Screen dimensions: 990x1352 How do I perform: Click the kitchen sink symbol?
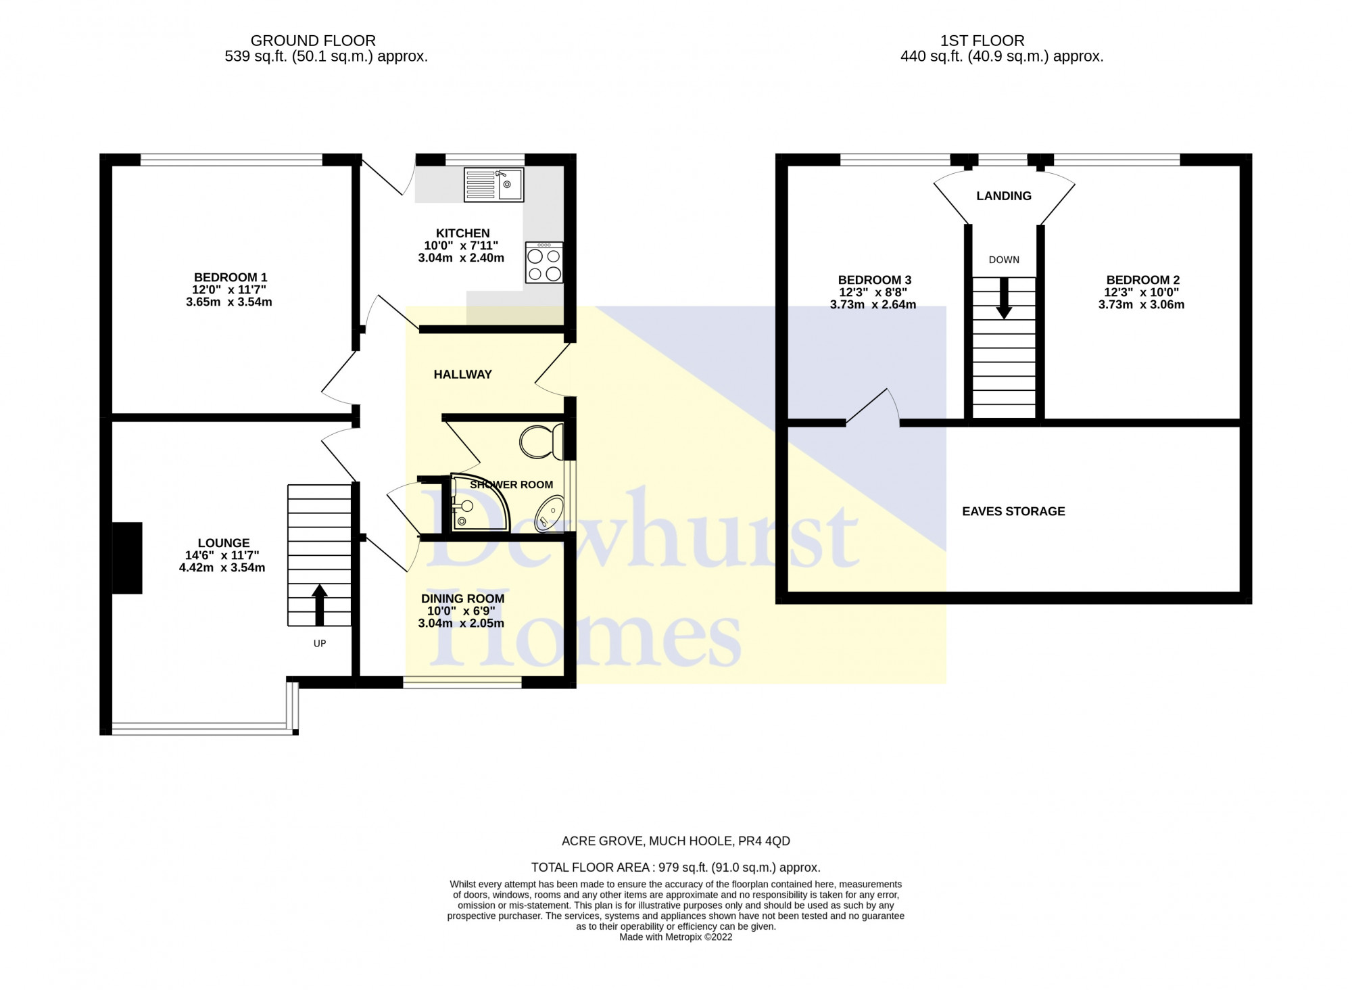pyautogui.click(x=493, y=185)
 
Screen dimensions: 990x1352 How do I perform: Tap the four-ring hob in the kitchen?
pyautogui.click(x=544, y=263)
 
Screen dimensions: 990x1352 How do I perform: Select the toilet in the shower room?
pyautogui.click(x=541, y=441)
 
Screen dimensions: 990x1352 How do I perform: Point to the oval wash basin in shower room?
pyautogui.click(x=550, y=513)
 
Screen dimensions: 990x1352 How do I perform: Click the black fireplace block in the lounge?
pyautogui.click(x=127, y=558)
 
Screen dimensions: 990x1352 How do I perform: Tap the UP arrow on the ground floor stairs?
pyautogui.click(x=319, y=604)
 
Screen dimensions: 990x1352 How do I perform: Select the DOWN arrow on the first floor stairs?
pyautogui.click(x=1004, y=298)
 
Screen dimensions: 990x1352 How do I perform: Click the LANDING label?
pyautogui.click(x=1004, y=196)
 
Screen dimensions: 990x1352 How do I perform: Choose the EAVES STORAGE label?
pyautogui.click(x=1013, y=511)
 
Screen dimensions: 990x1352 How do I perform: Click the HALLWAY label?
pyautogui.click(x=462, y=374)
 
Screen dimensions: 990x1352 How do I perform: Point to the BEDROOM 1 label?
pyautogui.click(x=230, y=277)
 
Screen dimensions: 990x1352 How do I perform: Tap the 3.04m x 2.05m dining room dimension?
pyautogui.click(x=461, y=623)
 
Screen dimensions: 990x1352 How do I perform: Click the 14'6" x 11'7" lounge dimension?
pyautogui.click(x=222, y=555)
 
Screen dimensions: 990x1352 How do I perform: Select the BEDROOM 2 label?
pyautogui.click(x=1142, y=280)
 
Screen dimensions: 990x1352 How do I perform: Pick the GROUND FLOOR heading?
pyautogui.click(x=313, y=41)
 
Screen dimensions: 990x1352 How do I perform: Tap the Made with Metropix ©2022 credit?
pyautogui.click(x=675, y=937)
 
